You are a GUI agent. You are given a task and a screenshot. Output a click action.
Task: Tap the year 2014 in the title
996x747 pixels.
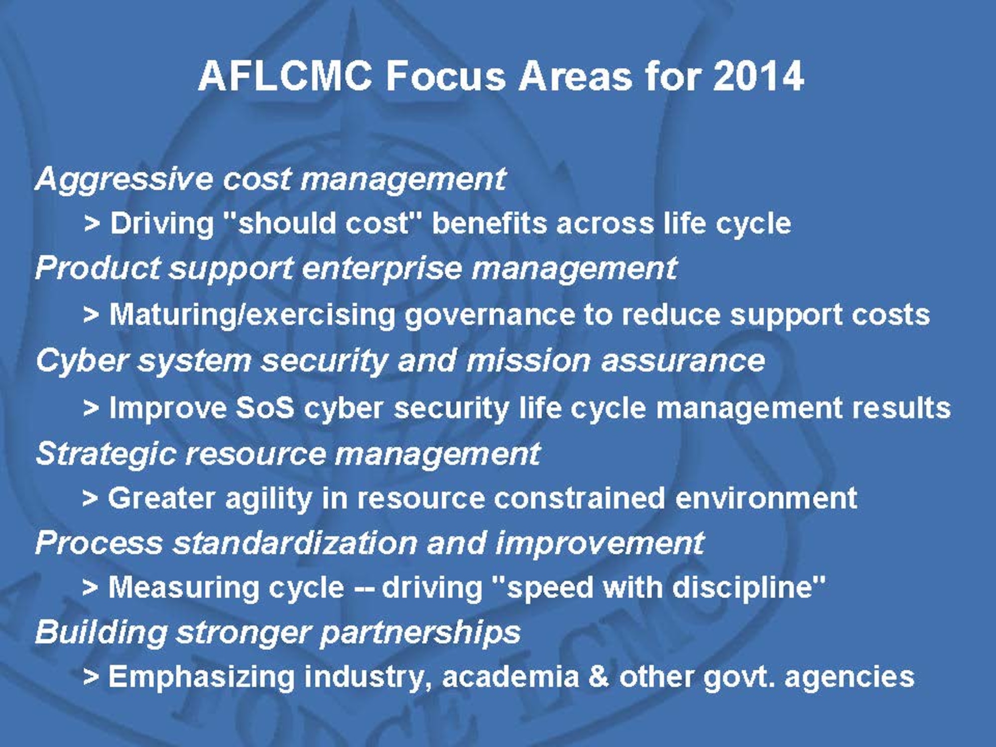pyautogui.click(x=758, y=77)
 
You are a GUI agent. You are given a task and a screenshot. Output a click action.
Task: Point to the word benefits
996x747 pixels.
pyautogui.click(x=489, y=223)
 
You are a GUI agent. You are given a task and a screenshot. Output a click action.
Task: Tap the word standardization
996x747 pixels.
pyautogui.click(x=295, y=542)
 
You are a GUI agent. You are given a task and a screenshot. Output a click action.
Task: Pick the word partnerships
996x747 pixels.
pyautogui.click(x=420, y=633)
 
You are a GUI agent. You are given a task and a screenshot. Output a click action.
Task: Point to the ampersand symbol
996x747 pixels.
pyautogui.click(x=598, y=677)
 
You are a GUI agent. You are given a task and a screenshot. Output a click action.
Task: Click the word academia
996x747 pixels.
pyautogui.click(x=510, y=677)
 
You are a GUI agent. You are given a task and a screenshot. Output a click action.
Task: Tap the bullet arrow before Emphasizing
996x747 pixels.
pyautogui.click(x=91, y=677)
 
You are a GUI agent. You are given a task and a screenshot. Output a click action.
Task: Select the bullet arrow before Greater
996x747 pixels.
pyautogui.click(x=90, y=498)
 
